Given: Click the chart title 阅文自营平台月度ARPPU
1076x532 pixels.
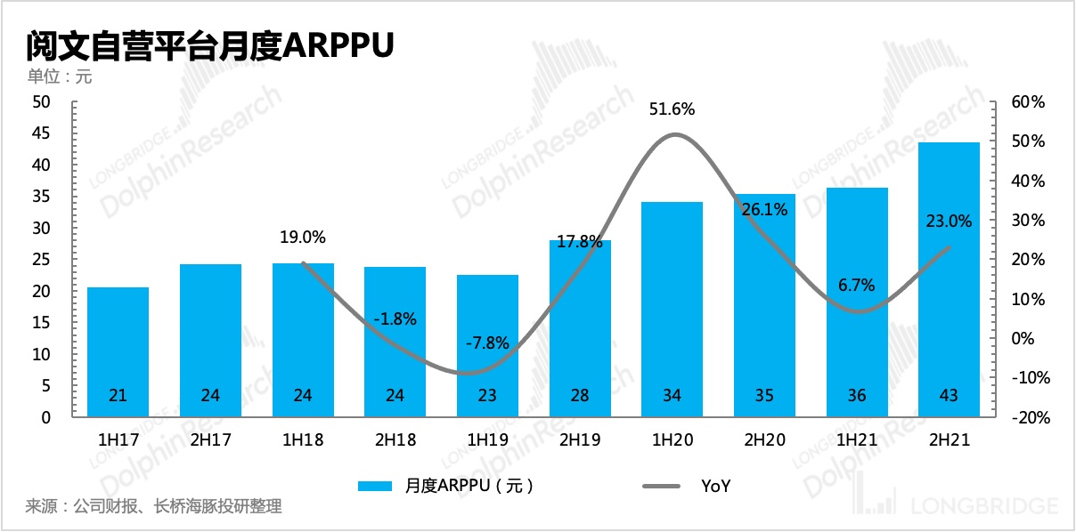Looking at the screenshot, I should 210,45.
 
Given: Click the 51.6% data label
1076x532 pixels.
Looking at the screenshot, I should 672,110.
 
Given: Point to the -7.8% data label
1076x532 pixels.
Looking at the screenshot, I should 488,343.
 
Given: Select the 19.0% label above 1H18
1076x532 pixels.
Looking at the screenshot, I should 303,238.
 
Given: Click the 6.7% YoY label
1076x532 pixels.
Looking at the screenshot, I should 856,286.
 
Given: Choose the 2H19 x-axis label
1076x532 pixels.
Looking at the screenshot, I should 579,439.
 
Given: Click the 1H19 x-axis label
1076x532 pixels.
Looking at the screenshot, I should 487,439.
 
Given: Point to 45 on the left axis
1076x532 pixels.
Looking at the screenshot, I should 41,134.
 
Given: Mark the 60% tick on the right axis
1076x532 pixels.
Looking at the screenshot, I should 1027,102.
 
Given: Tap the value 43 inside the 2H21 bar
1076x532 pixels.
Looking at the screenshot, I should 949,396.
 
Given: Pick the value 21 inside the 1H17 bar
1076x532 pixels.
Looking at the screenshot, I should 118,396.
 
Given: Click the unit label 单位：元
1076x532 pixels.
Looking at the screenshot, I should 59,77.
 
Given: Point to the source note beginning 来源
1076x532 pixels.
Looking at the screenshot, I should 154,507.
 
